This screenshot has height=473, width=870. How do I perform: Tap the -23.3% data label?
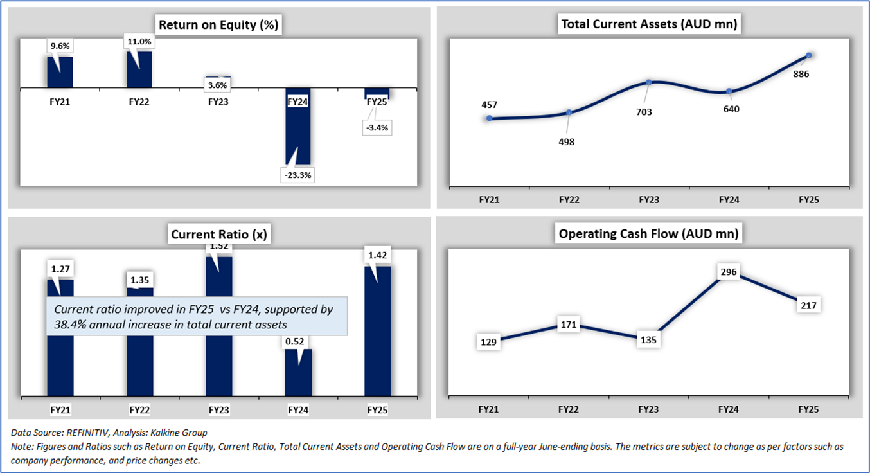(x=297, y=175)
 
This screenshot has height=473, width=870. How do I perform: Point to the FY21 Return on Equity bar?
(x=60, y=72)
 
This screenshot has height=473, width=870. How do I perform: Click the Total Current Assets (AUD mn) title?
(x=648, y=25)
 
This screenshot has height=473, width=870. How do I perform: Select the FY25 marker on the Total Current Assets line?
(x=809, y=55)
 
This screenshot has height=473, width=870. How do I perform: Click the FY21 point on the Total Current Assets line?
(x=490, y=118)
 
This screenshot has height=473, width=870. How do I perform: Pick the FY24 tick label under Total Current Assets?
(x=729, y=200)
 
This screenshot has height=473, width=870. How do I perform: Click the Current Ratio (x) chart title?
(x=219, y=235)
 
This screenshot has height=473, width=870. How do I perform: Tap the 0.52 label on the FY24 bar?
(x=298, y=341)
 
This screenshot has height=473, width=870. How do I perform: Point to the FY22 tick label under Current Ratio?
(x=139, y=409)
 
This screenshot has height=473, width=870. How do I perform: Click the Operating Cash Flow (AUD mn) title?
(x=648, y=234)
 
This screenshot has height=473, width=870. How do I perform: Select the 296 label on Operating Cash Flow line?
(x=729, y=272)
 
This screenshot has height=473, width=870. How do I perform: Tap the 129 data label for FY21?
(x=489, y=343)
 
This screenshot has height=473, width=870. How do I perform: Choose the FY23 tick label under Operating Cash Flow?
(x=649, y=409)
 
